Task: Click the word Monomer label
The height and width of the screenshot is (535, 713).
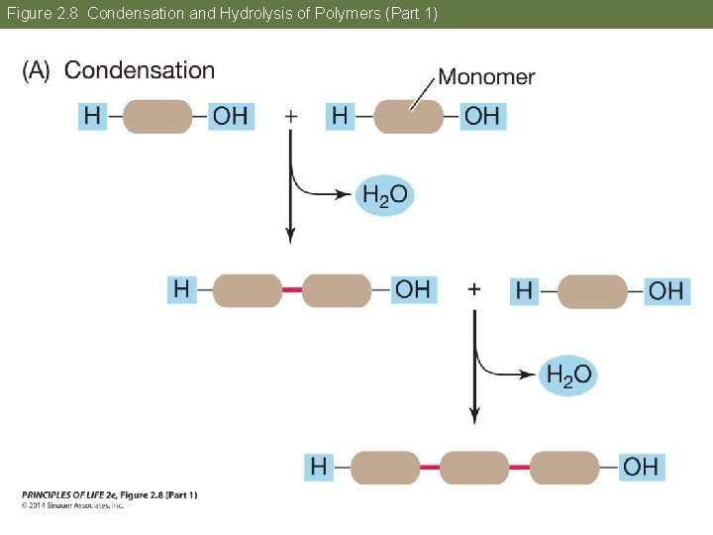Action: (x=486, y=77)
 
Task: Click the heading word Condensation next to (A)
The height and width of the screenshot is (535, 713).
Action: (x=139, y=70)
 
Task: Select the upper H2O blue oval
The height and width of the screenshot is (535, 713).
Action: (x=384, y=195)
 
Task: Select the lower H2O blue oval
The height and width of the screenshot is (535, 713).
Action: (x=568, y=374)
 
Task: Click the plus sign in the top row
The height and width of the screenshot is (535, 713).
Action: (x=290, y=116)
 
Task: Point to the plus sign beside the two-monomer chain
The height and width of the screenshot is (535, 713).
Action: (x=474, y=288)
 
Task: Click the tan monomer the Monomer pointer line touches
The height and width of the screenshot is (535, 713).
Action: (x=409, y=116)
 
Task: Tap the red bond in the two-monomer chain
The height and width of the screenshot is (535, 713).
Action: (x=291, y=289)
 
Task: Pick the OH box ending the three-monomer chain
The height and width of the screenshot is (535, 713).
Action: (x=641, y=467)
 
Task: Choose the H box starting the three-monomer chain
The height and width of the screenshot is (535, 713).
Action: (x=319, y=467)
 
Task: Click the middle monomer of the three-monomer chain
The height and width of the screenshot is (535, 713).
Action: (x=473, y=467)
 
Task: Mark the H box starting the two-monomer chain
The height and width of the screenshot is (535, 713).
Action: (x=181, y=289)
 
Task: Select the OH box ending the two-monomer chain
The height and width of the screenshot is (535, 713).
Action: (x=413, y=289)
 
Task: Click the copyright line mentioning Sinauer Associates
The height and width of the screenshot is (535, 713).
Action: (x=72, y=505)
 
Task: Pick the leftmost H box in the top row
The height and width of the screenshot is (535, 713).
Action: (x=92, y=116)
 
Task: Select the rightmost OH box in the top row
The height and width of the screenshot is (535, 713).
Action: (x=482, y=116)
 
